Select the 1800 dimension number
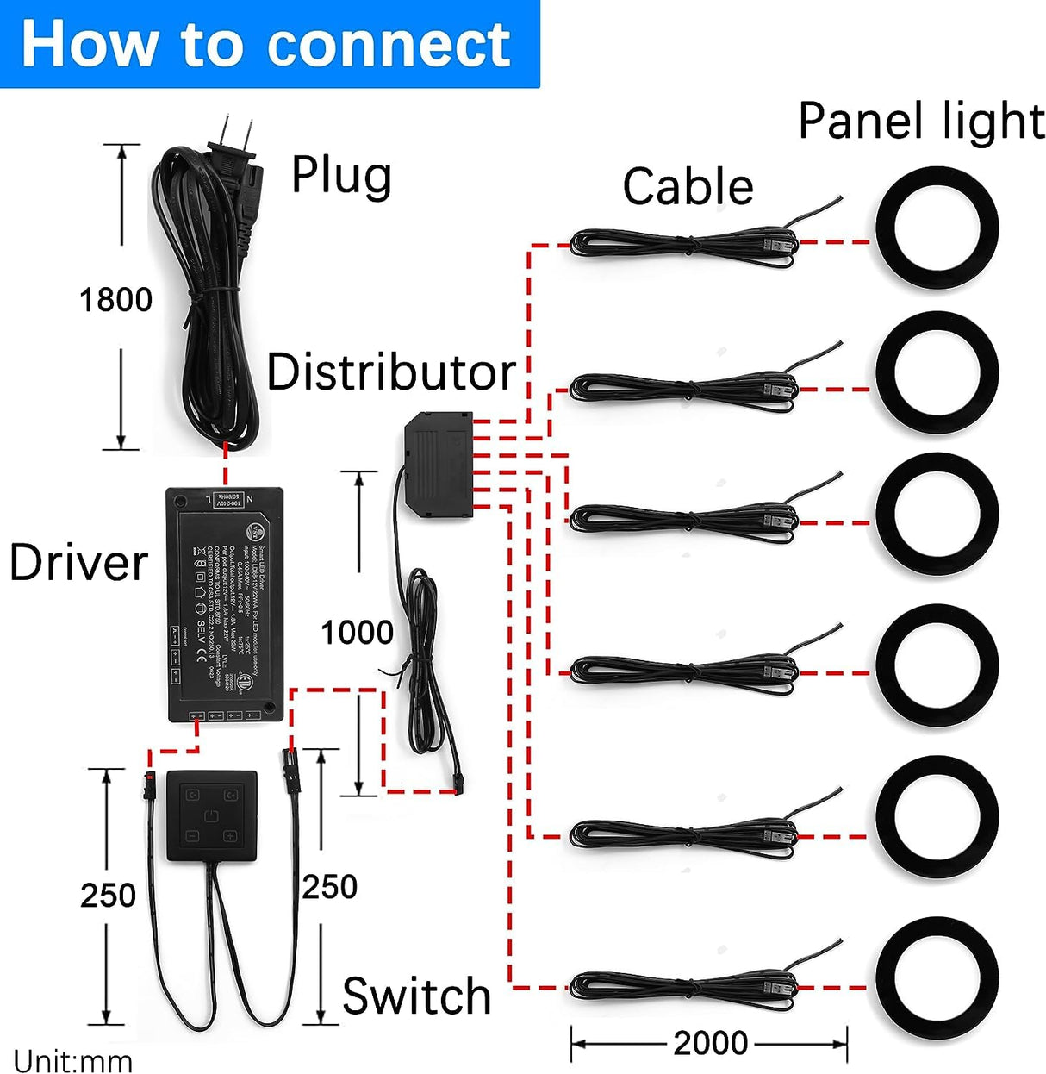pyautogui.click(x=115, y=300)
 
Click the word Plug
pyautogui.click(x=341, y=176)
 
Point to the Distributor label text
pyautogui.click(x=390, y=372)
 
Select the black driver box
pyautogui.click(x=224, y=603)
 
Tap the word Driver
pyautogui.click(x=78, y=563)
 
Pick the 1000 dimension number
pyautogui.click(x=357, y=633)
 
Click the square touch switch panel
pyautogui.click(x=212, y=815)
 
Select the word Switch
pyautogui.click(x=416, y=996)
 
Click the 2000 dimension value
pyautogui.click(x=710, y=1043)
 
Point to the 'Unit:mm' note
pyautogui.click(x=72, y=1060)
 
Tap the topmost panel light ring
pyautogui.click(x=937, y=228)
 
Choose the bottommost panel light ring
pyautogui.click(x=937, y=975)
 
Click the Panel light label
pyautogui.click(x=921, y=121)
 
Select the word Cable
pyautogui.click(x=688, y=187)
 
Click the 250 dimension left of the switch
pyautogui.click(x=108, y=896)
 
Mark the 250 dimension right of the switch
pyautogui.click(x=329, y=887)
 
